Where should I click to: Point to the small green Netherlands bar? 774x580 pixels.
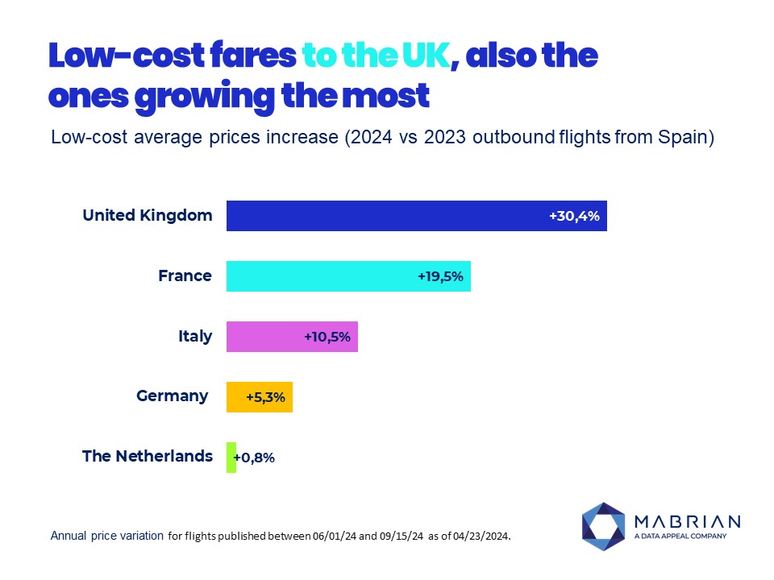[x=231, y=457]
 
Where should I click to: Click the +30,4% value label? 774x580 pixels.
[x=575, y=216]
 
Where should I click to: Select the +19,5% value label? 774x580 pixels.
[x=440, y=276]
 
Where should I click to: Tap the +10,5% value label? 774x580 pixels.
[x=327, y=337]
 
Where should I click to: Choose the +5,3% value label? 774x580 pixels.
[x=265, y=397]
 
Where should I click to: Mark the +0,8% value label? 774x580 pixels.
[x=255, y=458]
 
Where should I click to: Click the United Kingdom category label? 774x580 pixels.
[x=148, y=215]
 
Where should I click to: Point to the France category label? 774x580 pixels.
[x=185, y=275]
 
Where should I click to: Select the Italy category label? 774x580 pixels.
[x=196, y=336]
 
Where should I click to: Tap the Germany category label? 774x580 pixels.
[x=173, y=396]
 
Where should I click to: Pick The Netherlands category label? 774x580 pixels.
[x=148, y=456]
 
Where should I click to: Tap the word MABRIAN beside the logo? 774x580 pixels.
[x=688, y=520]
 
